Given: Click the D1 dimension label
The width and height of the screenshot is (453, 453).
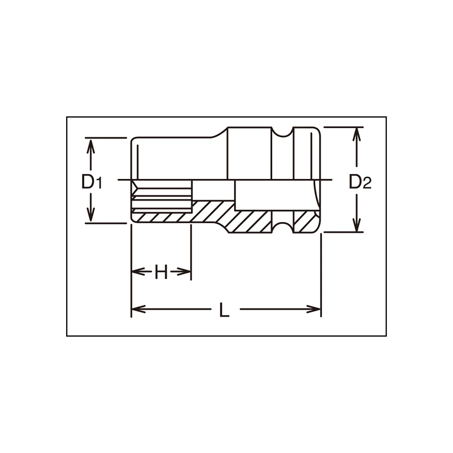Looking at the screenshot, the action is pyautogui.click(x=92, y=182).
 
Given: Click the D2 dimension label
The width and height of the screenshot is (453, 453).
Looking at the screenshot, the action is pyautogui.click(x=360, y=182).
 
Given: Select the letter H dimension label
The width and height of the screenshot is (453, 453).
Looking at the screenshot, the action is pyautogui.click(x=161, y=271).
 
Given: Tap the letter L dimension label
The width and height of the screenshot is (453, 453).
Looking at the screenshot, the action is pyautogui.click(x=225, y=310).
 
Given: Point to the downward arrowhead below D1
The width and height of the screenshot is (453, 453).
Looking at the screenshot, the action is pyautogui.click(x=91, y=214).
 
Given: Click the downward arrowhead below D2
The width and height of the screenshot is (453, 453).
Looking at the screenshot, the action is pyautogui.click(x=357, y=224).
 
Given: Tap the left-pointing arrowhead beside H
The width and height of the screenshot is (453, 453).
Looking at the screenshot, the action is pyautogui.click(x=138, y=271).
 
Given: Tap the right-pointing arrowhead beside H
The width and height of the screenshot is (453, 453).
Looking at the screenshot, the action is pyautogui.click(x=184, y=271).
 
